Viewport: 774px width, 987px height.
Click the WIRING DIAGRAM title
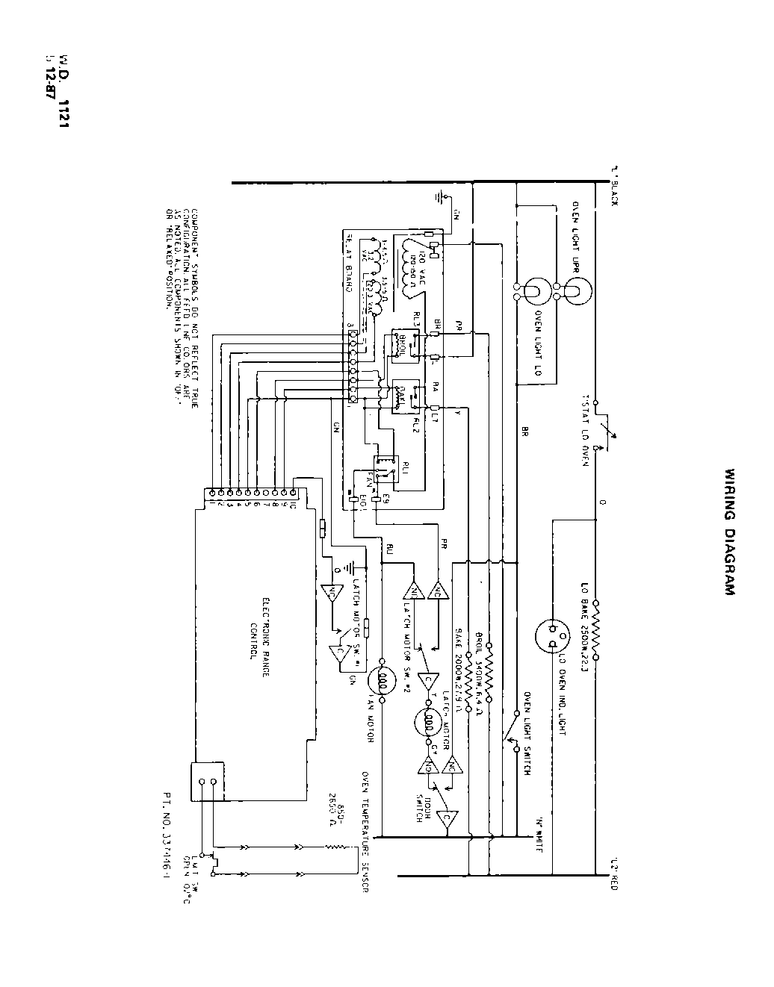pyautogui.click(x=730, y=531)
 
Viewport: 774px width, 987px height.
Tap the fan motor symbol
pyautogui.click(x=382, y=680)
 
